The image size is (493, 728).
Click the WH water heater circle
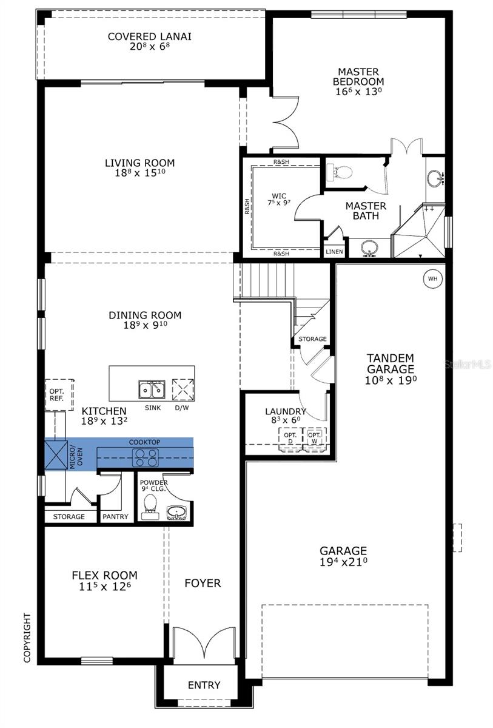[432, 278]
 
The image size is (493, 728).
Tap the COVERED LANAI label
[149, 36]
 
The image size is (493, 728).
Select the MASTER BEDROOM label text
[361, 76]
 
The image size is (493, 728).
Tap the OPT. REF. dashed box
[59, 396]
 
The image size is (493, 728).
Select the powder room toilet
[149, 506]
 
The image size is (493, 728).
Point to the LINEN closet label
[334, 252]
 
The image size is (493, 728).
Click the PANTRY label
[115, 517]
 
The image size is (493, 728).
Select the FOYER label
[203, 583]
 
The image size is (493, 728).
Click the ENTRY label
[204, 686]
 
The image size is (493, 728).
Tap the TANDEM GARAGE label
[391, 363]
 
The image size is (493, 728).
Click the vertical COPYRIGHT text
[27, 637]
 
